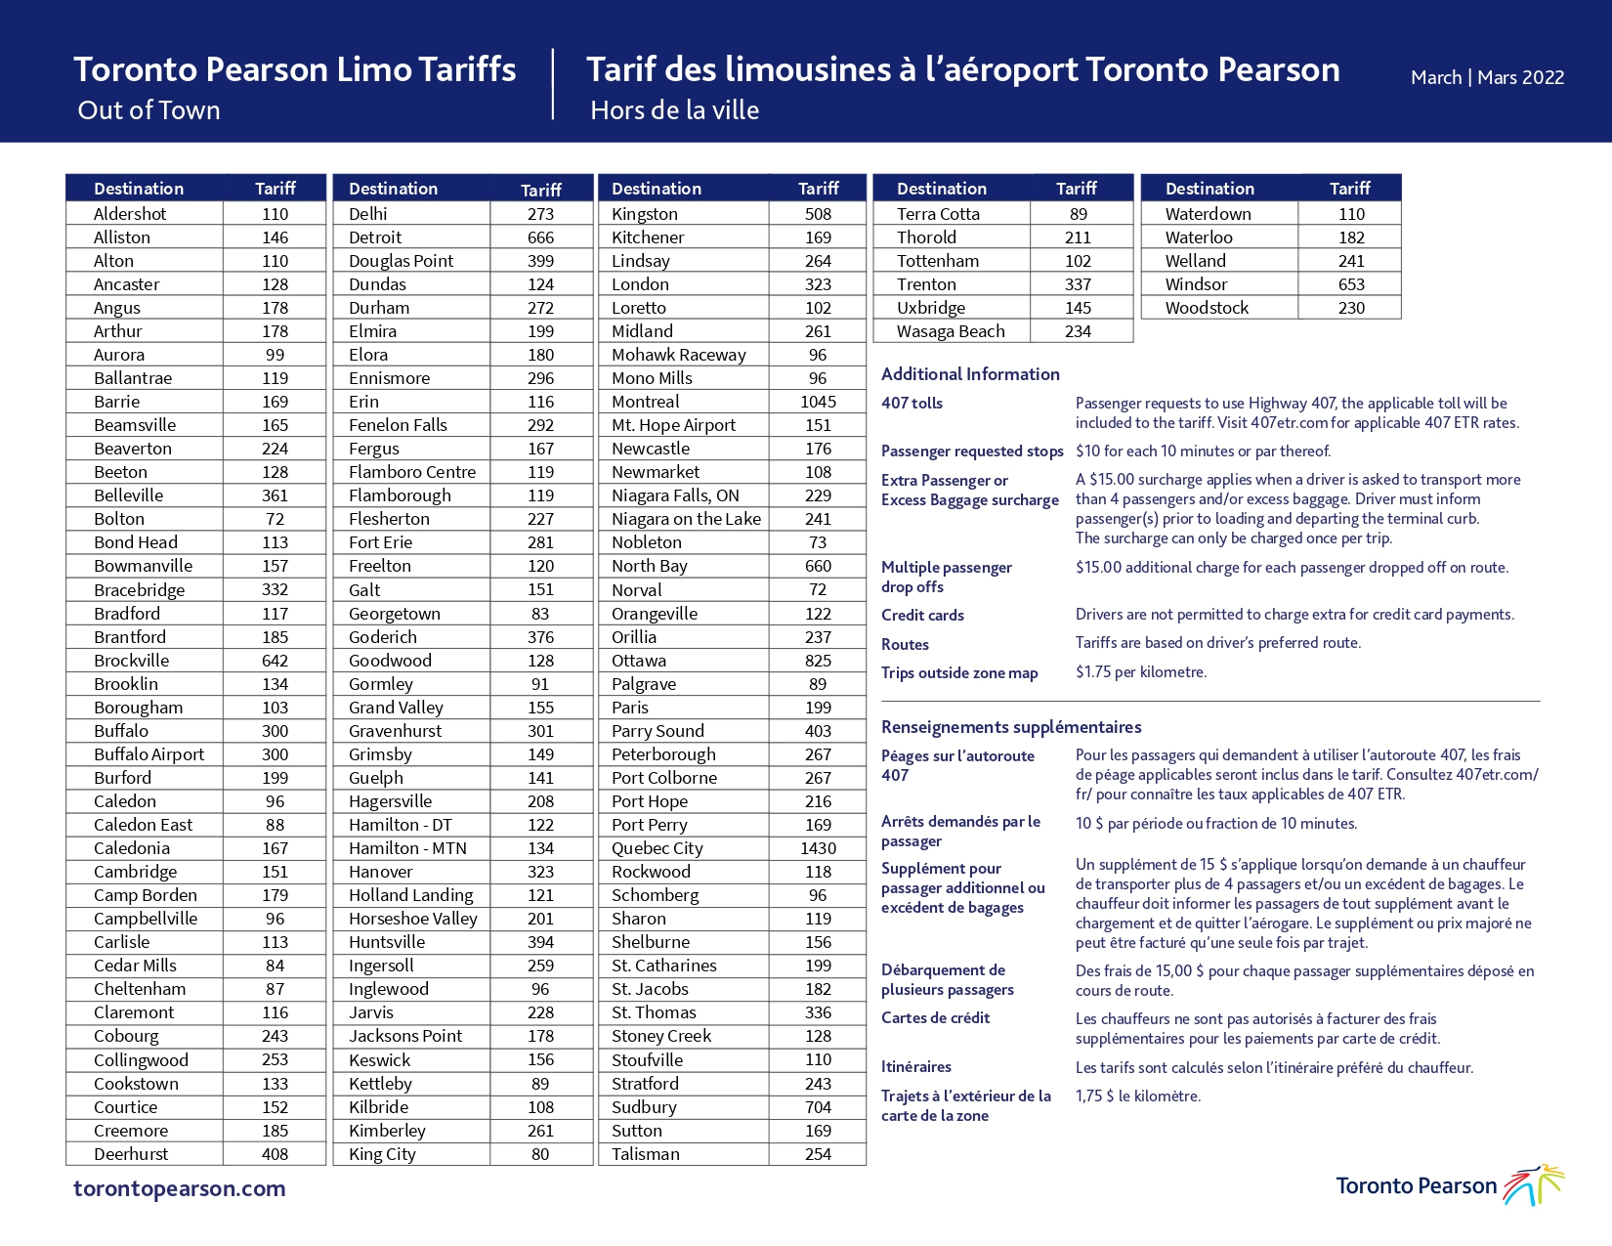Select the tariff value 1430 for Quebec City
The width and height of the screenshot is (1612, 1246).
(818, 848)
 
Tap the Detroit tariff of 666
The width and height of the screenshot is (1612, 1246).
(541, 237)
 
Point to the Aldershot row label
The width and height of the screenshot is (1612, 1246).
(130, 214)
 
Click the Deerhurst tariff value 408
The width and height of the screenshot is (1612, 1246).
(275, 1154)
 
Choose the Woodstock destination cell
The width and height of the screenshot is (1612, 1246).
(1207, 308)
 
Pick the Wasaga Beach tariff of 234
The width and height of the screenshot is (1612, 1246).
(1078, 331)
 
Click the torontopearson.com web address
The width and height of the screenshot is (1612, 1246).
(180, 1188)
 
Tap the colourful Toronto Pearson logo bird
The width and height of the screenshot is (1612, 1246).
(1534, 1184)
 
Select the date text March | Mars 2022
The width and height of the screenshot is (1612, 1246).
(1487, 77)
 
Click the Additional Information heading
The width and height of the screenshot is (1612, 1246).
(970, 374)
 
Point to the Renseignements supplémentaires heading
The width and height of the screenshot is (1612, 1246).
(1011, 727)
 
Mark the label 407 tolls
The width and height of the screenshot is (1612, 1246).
(912, 403)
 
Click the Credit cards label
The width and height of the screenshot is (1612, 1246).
(922, 616)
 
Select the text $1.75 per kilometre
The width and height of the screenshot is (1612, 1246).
(1141, 671)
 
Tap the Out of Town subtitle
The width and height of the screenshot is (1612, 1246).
(149, 110)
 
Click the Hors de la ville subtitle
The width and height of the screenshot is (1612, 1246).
(674, 110)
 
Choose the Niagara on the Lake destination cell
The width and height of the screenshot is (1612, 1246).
(686, 519)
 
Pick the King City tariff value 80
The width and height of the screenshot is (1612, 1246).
(541, 1154)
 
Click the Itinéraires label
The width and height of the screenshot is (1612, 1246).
(916, 1067)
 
